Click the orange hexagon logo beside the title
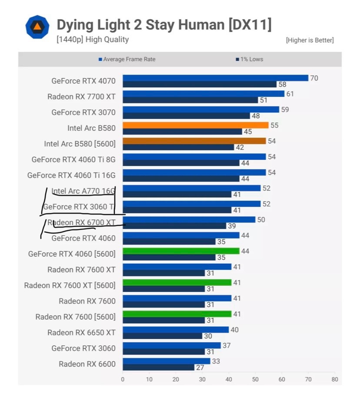[x=37, y=27]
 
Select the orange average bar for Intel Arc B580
[x=195, y=125]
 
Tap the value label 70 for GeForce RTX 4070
[x=314, y=78]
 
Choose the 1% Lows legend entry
[x=251, y=60]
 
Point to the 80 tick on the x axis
[x=334, y=379]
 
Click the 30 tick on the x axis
[x=202, y=379]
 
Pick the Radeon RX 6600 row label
[x=87, y=364]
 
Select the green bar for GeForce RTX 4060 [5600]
[x=181, y=251]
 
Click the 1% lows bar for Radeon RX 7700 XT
[x=190, y=100]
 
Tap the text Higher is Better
[x=310, y=40]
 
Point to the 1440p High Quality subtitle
[x=93, y=40]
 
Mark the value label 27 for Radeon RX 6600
[x=200, y=367]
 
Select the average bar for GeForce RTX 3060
[x=172, y=345]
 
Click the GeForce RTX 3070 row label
[x=83, y=112]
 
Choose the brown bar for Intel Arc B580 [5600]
[x=194, y=141]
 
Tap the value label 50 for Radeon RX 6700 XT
[x=261, y=220]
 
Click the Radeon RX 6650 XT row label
[x=82, y=333]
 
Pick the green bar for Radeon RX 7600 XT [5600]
[x=177, y=282]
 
